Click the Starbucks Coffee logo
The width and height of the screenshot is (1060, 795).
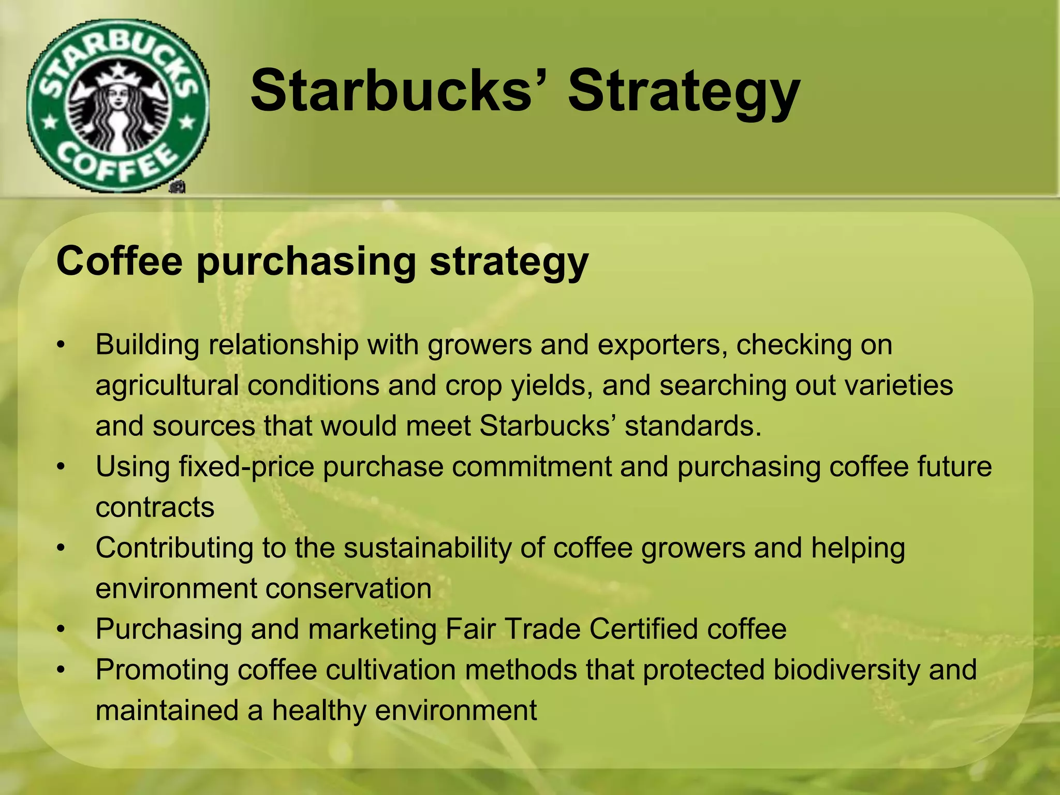[x=118, y=106]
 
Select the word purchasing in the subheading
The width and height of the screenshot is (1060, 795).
[x=306, y=261]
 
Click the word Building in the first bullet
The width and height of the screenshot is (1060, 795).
[x=148, y=345]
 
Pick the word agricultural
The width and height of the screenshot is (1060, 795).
[x=167, y=386]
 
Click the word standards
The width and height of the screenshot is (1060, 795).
[x=693, y=426]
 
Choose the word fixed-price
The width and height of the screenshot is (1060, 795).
[x=246, y=467]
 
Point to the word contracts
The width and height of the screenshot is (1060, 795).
[x=155, y=507]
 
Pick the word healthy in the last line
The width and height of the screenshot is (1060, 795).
[x=319, y=710]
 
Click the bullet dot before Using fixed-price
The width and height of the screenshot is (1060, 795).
[x=62, y=467]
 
